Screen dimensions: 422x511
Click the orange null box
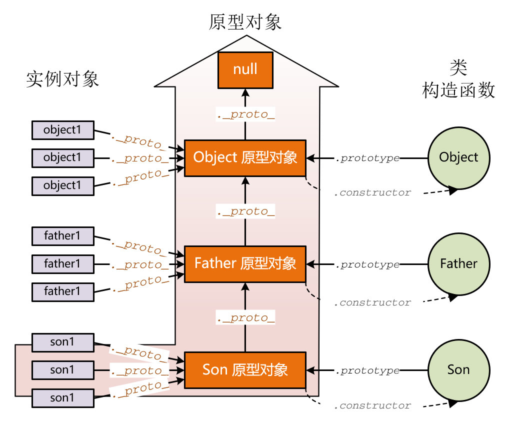tap(245, 69)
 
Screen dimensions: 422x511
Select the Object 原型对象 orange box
tap(245, 158)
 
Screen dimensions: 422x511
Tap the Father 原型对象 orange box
tap(245, 264)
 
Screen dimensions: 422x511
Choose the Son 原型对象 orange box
tap(245, 370)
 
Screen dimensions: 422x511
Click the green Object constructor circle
tap(458, 158)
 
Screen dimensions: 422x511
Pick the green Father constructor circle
tap(458, 264)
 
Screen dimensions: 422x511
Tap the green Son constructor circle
tap(458, 370)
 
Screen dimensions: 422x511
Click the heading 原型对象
tap(245, 22)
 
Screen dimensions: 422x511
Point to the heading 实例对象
tap(62, 79)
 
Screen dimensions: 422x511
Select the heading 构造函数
tap(458, 90)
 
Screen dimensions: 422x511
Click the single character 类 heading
tap(458, 66)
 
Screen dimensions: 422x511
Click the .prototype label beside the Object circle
tap(367, 158)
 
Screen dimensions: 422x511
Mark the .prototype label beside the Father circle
tap(367, 264)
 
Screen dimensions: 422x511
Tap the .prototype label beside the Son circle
tap(367, 370)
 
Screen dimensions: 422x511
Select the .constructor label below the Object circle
tap(372, 192)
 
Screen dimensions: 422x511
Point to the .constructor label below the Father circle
tap(372, 302)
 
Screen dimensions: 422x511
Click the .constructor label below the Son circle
tap(372, 405)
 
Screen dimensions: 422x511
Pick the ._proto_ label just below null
tap(245, 114)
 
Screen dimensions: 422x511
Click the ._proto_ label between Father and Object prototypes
tap(245, 211)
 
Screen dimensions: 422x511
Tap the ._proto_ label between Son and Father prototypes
tap(245, 318)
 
